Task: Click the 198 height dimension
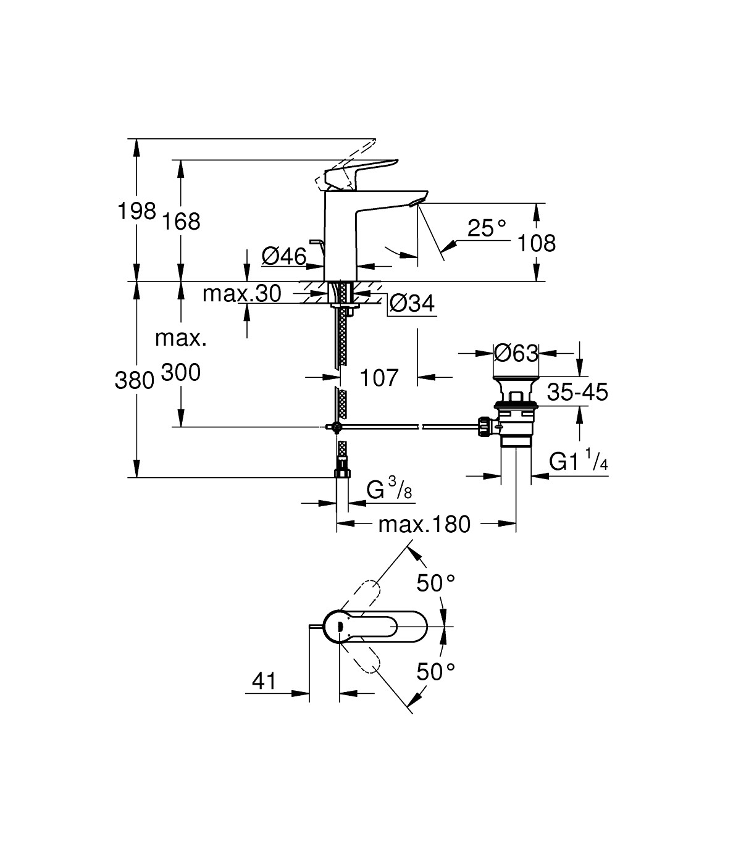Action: (x=136, y=212)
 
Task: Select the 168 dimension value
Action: (x=182, y=222)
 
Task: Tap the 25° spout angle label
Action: (x=486, y=228)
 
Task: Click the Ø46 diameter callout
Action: (x=283, y=256)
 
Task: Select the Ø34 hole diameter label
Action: (x=412, y=303)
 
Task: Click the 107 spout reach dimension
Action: (x=379, y=377)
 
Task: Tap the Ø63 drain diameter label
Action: (x=516, y=353)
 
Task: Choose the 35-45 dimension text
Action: (x=578, y=391)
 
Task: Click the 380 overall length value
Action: (x=134, y=381)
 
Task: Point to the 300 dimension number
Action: (x=181, y=372)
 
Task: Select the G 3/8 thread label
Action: (x=389, y=491)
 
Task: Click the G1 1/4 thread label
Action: (x=579, y=461)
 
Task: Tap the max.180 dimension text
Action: (x=424, y=524)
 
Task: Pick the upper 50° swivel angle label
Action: (x=435, y=582)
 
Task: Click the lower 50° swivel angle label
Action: (x=435, y=672)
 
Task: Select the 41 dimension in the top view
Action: (x=264, y=681)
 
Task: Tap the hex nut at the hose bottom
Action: (x=341, y=473)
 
